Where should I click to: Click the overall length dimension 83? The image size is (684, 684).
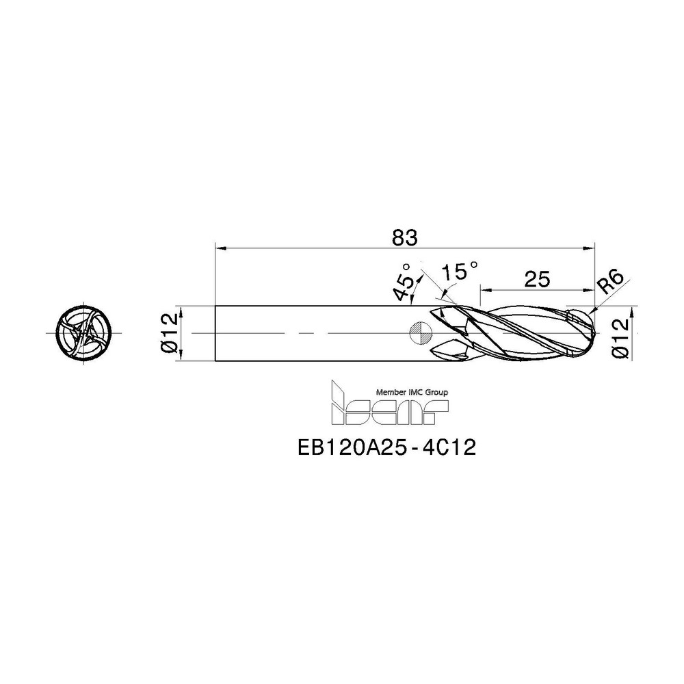click(x=404, y=237)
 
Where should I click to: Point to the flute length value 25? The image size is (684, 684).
click(x=537, y=278)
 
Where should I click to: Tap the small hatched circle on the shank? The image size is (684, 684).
click(x=419, y=333)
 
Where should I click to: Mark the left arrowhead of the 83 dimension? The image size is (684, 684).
click(x=220, y=248)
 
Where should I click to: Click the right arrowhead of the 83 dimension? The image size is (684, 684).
click(x=590, y=248)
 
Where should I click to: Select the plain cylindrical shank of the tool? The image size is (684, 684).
click(x=315, y=333)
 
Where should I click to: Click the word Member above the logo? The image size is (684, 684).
click(x=390, y=393)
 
